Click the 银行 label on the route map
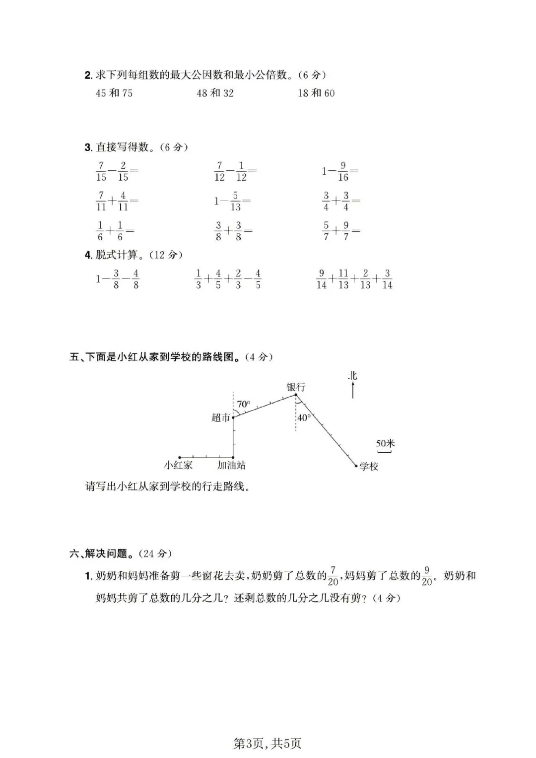click(296, 387)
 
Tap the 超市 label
click(221, 417)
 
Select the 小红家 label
click(178, 465)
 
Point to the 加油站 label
click(231, 465)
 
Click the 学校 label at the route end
click(369, 466)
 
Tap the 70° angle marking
click(243, 404)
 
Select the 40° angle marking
click(304, 417)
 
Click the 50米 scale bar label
click(385, 443)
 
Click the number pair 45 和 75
click(114, 93)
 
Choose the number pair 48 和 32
click(215, 93)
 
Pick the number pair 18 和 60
click(316, 93)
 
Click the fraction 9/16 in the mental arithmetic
click(343, 171)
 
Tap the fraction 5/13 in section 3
click(235, 201)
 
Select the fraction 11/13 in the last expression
click(343, 279)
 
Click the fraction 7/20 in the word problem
click(333, 576)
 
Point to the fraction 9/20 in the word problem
click(427, 576)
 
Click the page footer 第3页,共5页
click(268, 743)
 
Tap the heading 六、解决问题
click(103, 553)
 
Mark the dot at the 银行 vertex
click(296, 395)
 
